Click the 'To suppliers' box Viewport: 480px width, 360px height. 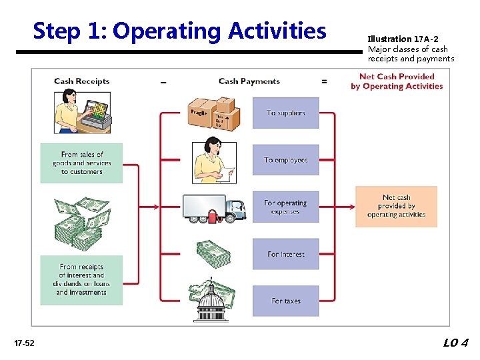tap(285, 113)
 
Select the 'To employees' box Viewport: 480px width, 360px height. tap(285, 160)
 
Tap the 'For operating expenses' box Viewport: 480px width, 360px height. tap(285, 207)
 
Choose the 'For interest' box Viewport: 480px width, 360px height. tap(285, 254)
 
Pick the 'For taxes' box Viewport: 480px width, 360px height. tap(285, 301)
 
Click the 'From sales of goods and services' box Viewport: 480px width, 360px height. tap(81, 163)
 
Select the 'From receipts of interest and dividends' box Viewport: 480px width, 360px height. tap(81, 280)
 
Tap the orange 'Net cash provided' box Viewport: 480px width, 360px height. tap(396, 206)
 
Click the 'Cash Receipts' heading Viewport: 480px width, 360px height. tap(81, 81)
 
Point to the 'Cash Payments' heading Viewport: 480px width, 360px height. tap(249, 81)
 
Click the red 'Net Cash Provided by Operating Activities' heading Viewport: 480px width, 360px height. tap(397, 81)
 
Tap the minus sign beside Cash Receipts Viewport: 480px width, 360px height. tap(163, 82)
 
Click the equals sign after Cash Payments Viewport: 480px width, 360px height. tap(324, 81)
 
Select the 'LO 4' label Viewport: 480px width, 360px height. tap(456, 343)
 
